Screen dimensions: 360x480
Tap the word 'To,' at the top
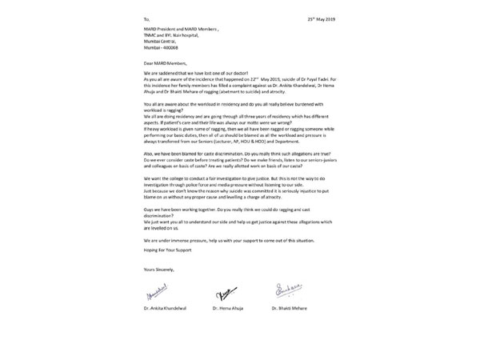[145, 17]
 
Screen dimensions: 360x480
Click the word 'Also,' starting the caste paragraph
[148, 153]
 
